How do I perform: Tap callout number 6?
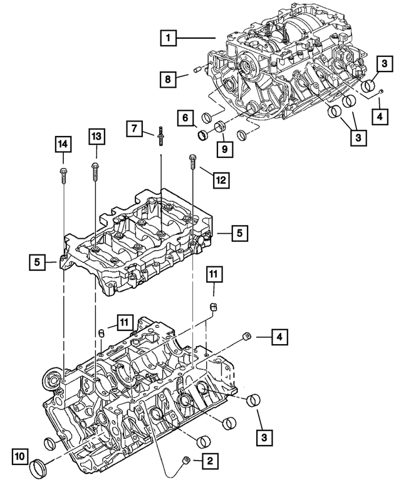coord(185,117)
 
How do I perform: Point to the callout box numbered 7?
coord(134,130)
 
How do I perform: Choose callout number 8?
coord(167,79)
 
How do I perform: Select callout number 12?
coord(220,181)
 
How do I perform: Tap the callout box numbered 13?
coord(96,135)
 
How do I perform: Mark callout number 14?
coord(63,144)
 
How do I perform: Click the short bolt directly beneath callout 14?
coord(63,174)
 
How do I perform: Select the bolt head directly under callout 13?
coord(95,166)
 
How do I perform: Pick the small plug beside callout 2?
coord(186,461)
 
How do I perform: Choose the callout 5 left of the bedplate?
coord(38,261)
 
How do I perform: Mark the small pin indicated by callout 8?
coord(199,69)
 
